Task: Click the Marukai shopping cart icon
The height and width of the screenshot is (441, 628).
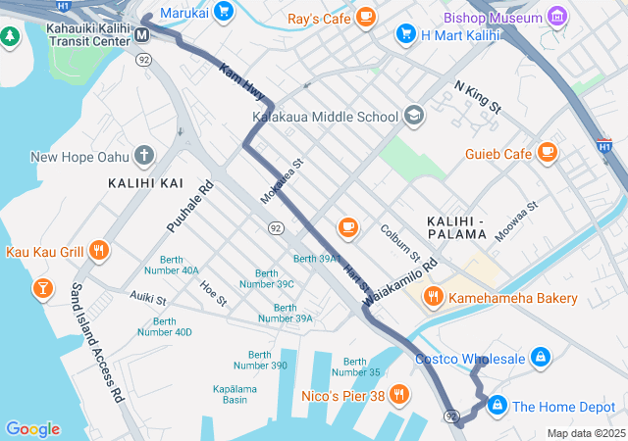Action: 224,12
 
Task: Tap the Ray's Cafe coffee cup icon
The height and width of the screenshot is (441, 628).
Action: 365,17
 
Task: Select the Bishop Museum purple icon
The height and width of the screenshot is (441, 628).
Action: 557,17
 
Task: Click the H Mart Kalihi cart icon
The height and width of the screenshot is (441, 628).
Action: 405,34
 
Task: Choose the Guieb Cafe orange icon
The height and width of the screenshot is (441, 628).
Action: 547,153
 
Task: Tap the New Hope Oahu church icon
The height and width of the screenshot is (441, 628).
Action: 144,156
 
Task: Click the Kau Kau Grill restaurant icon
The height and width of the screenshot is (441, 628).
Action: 98,251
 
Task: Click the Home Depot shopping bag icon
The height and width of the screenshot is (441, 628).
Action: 497,405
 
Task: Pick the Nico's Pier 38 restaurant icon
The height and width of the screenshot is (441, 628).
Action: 398,396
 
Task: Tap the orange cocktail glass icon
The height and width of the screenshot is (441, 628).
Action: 42,288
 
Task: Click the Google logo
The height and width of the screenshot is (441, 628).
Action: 32,428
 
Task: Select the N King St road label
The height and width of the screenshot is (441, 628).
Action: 477,95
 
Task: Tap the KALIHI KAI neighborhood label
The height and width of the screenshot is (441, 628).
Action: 145,183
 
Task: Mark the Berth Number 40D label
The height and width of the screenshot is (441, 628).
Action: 164,326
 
